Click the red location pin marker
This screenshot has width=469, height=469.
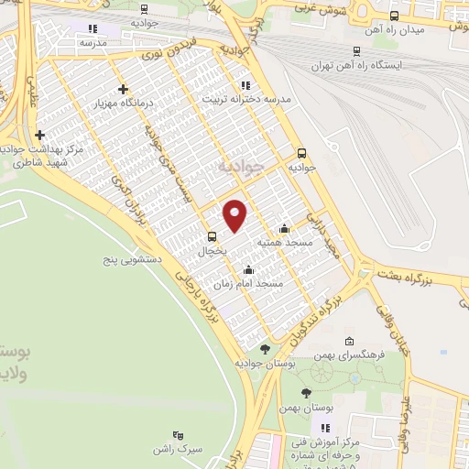(235, 214)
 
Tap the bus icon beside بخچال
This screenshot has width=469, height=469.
(210, 234)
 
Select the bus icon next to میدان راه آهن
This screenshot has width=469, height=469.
(395, 16)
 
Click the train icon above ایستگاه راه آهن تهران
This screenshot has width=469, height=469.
(356, 51)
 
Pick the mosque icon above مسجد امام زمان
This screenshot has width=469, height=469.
(249, 270)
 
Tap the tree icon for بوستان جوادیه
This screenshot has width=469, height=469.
(265, 348)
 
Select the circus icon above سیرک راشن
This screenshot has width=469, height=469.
(177, 435)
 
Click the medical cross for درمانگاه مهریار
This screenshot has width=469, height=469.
(123, 89)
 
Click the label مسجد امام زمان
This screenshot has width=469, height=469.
(256, 285)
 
